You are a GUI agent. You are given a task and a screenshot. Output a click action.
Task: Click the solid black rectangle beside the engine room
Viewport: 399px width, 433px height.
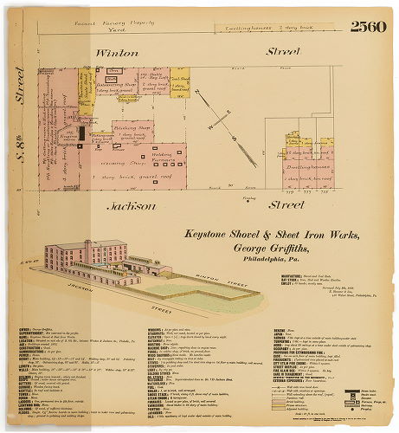(83, 132)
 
